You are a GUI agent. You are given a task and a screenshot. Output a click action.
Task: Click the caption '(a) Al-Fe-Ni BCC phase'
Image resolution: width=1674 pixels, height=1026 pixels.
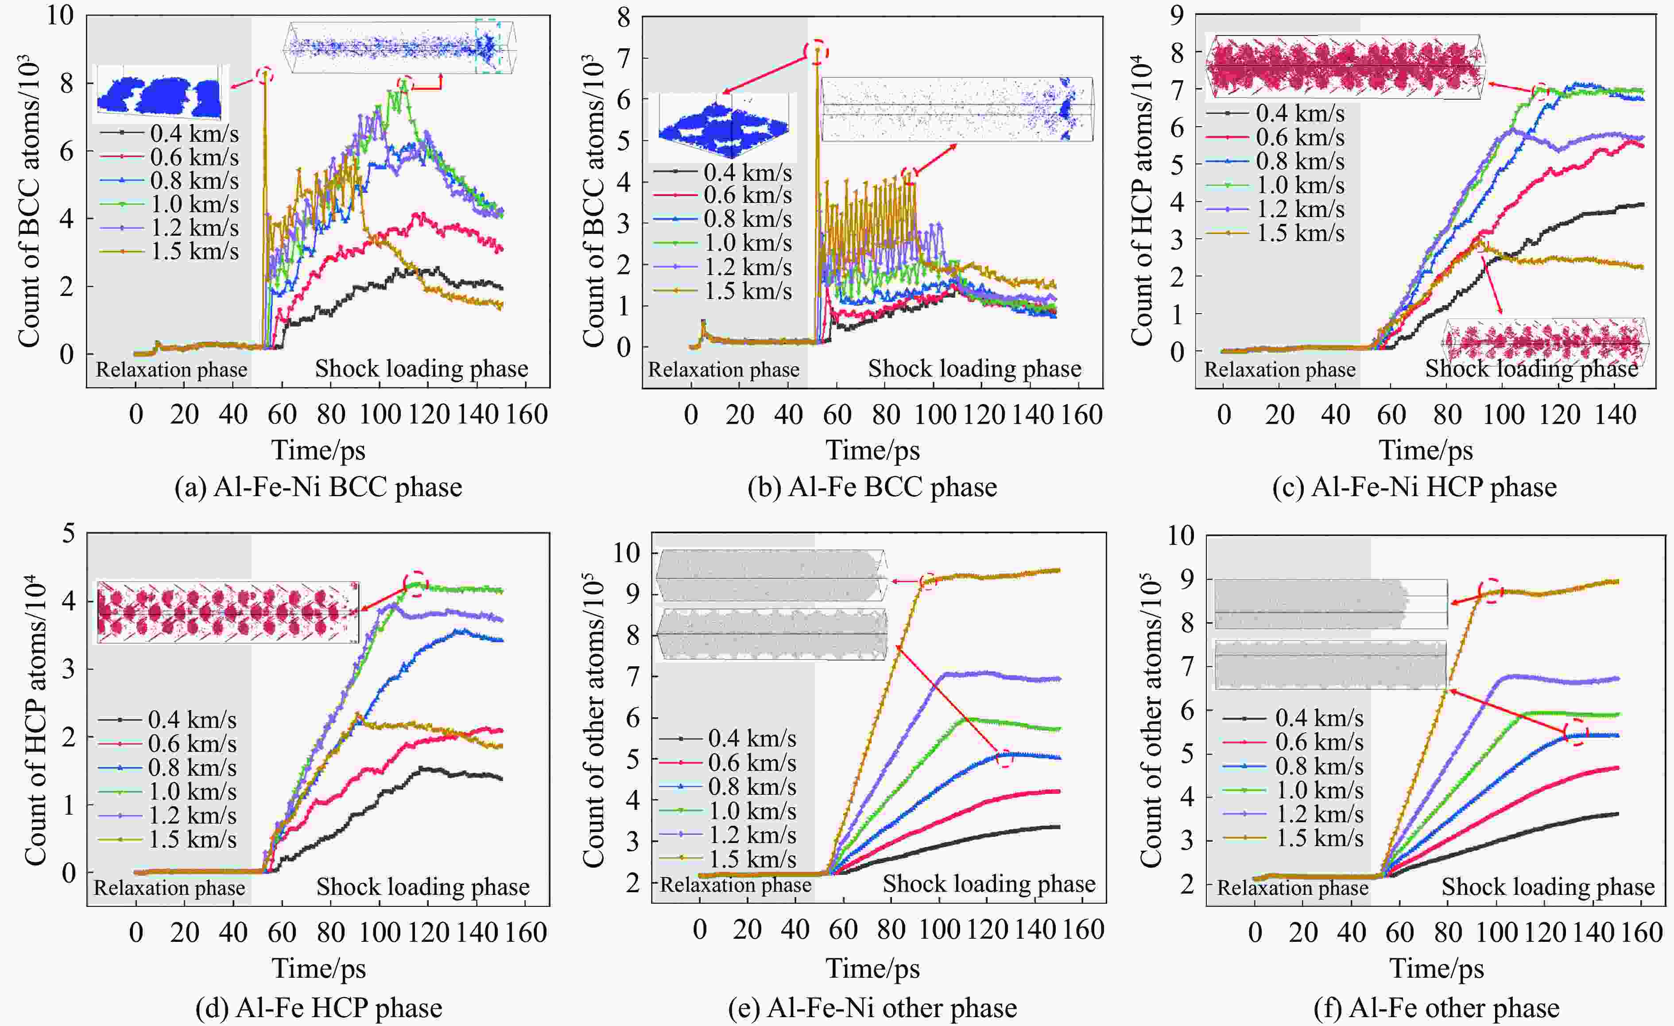pos(318,487)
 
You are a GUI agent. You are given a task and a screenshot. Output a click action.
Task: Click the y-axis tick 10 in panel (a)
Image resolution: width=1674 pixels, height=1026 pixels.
pos(60,15)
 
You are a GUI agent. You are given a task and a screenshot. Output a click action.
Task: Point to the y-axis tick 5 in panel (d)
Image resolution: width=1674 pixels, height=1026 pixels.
pos(68,533)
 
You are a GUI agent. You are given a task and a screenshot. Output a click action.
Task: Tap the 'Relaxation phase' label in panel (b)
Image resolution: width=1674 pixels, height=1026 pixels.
pos(724,369)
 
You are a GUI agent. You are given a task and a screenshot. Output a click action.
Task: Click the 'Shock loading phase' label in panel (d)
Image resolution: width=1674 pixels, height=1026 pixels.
pos(422,887)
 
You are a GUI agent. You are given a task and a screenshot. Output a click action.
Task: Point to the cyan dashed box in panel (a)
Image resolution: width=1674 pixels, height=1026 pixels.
pos(488,46)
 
